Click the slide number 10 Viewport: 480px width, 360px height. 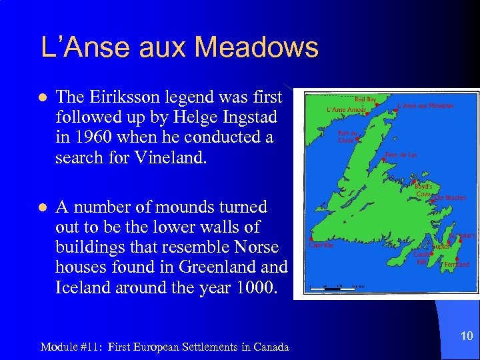pyautogui.click(x=466, y=337)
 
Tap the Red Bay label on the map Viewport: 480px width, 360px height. pyautogui.click(x=365, y=100)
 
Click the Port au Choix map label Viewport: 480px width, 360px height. pyautogui.click(x=348, y=136)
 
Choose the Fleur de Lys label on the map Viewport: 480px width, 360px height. pyautogui.click(x=402, y=155)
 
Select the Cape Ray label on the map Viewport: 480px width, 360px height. pyautogui.click(x=321, y=245)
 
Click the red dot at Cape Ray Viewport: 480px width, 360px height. pyautogui.click(x=311, y=239)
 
